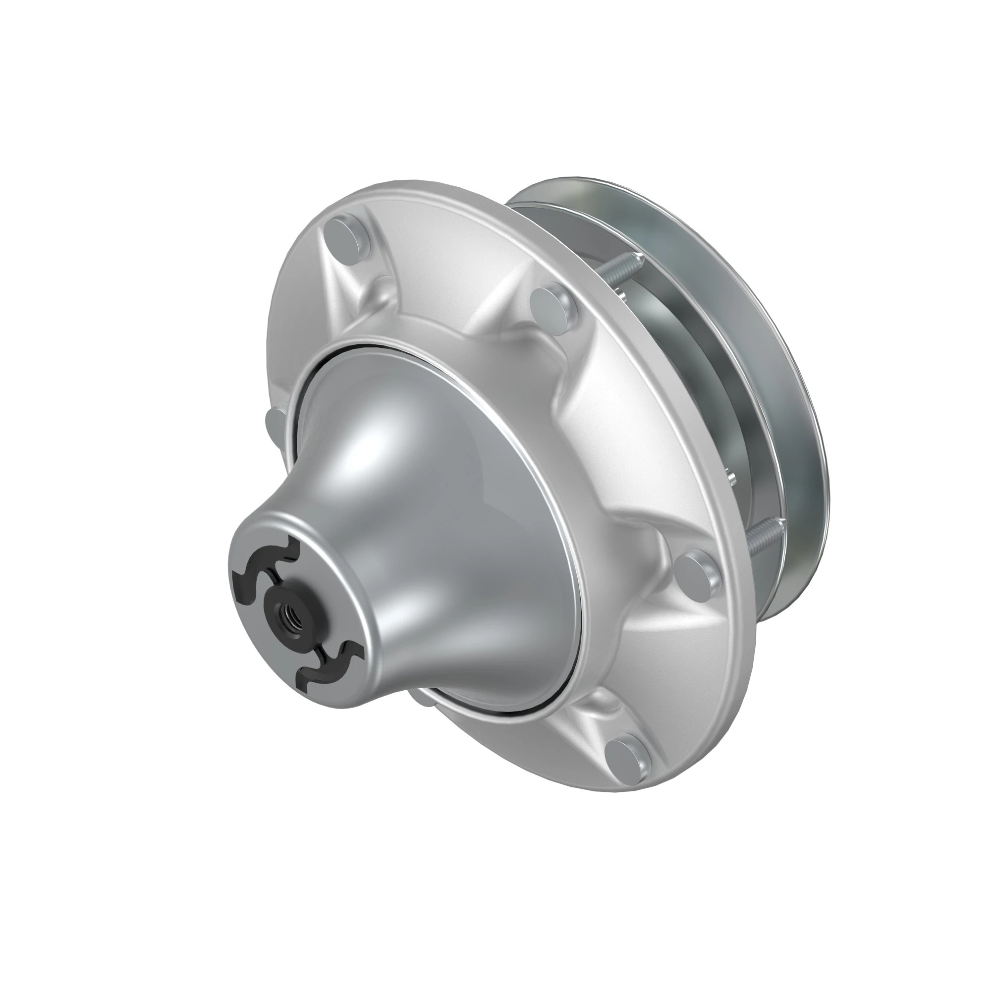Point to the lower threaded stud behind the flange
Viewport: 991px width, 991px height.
764,536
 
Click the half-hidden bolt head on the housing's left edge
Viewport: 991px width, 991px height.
274,424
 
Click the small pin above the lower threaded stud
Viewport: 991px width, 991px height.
733,480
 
